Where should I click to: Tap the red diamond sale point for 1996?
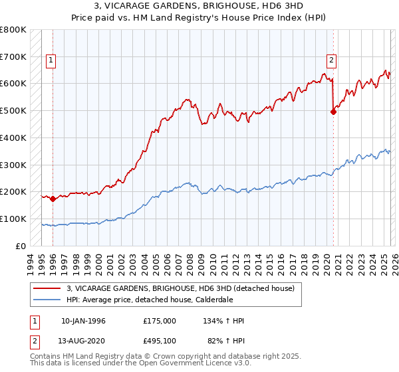coord(53,199)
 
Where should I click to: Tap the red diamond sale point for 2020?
coord(333,112)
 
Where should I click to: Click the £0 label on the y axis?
coord(21,246)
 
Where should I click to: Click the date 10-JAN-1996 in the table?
coord(83,321)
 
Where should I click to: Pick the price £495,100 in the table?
coord(160,340)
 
